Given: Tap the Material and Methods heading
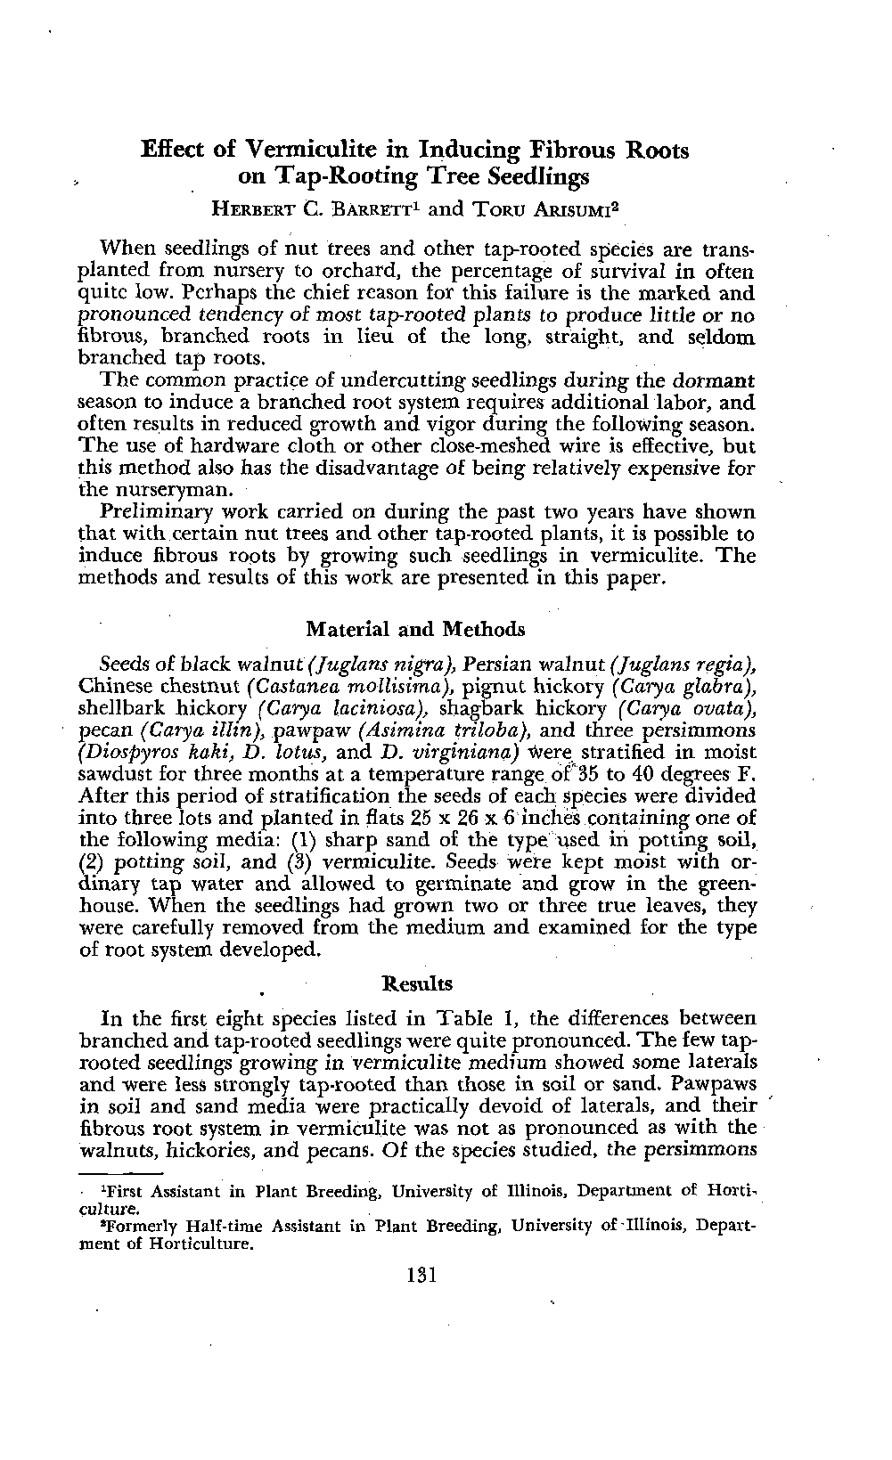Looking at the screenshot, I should tap(415, 630).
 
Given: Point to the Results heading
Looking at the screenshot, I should tap(416, 983).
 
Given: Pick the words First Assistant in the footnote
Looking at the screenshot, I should tap(161, 1191).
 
